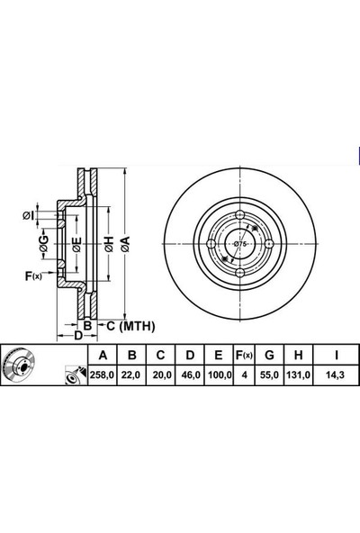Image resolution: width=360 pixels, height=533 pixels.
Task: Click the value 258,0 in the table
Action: [103, 375]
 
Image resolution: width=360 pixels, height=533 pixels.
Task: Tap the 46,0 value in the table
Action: [190, 375]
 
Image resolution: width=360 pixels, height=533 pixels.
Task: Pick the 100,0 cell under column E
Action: [220, 375]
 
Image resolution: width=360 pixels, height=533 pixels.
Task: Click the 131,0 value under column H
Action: [298, 375]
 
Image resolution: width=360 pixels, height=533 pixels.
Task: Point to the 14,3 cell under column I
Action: [336, 375]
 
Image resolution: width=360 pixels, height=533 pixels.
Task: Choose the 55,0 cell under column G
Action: [269, 375]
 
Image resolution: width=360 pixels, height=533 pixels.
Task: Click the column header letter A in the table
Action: [103, 356]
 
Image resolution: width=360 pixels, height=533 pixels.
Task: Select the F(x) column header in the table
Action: [244, 356]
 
